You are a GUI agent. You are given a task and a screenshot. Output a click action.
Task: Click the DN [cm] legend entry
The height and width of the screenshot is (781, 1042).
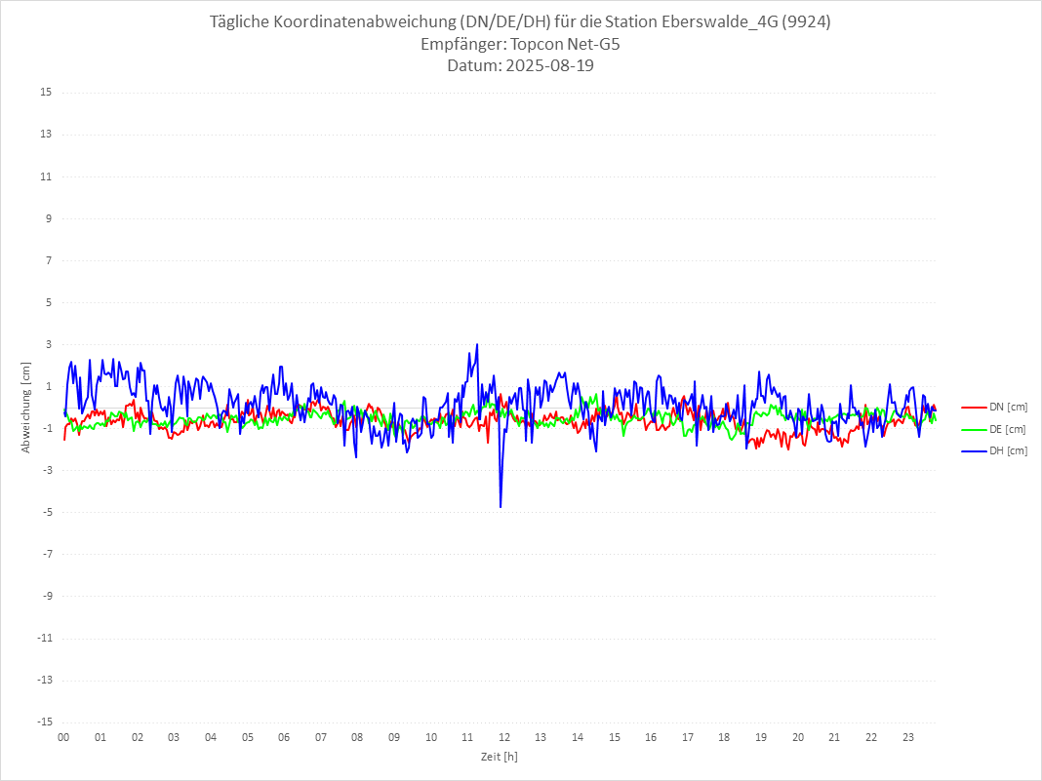click(1008, 408)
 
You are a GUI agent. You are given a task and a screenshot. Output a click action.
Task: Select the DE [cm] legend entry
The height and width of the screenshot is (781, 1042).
click(1008, 429)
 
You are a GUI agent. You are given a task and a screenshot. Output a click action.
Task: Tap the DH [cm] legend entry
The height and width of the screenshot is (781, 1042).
click(1008, 450)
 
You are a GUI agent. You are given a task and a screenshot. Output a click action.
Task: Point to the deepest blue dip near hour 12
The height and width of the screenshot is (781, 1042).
click(501, 506)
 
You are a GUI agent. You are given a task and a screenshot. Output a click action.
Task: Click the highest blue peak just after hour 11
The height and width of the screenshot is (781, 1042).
click(476, 345)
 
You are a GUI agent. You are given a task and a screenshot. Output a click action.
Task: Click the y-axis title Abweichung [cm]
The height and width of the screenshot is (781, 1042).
click(26, 407)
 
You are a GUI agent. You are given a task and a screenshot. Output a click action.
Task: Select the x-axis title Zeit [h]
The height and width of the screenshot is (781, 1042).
click(500, 756)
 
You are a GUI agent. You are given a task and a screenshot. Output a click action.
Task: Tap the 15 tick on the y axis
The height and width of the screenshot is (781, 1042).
click(45, 93)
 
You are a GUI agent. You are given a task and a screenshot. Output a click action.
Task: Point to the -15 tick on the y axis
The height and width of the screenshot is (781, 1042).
click(43, 722)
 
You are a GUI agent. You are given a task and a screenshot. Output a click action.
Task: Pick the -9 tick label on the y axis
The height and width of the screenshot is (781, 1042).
click(46, 596)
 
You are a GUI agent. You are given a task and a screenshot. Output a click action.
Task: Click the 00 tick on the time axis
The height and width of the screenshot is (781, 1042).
click(63, 737)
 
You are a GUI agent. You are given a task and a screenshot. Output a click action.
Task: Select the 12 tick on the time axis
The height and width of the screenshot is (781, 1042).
click(504, 737)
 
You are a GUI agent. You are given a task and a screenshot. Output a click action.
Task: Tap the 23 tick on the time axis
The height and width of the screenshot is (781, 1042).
click(908, 737)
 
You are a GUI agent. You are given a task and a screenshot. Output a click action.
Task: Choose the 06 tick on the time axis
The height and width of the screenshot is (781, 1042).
click(284, 737)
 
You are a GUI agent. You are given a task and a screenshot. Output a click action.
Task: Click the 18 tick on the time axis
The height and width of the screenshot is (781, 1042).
click(725, 737)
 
